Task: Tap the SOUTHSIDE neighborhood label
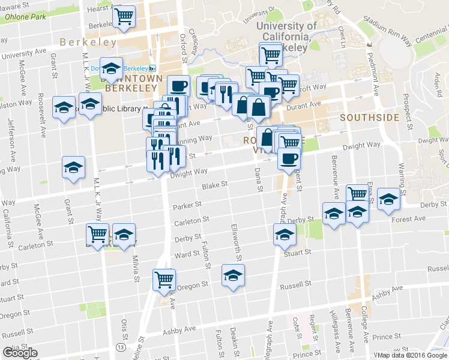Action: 369,118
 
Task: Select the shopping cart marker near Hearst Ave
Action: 124,16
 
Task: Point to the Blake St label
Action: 214,186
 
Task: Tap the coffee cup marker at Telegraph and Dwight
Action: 289,159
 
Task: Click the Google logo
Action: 19,352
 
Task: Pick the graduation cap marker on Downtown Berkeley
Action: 111,68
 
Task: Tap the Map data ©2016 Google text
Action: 411,355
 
